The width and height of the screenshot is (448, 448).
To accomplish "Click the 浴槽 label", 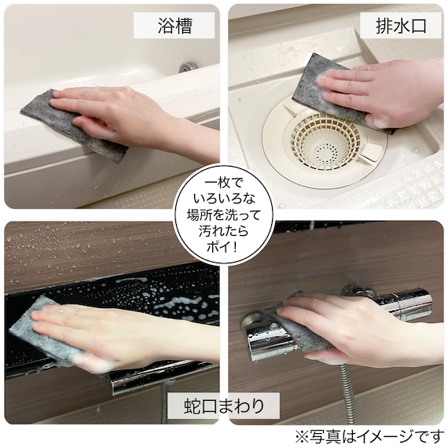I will pyautogui.click(x=174, y=25).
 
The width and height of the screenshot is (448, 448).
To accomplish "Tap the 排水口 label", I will pyautogui.click(x=400, y=25).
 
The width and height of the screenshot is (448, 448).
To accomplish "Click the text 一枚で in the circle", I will pyautogui.click(x=223, y=179).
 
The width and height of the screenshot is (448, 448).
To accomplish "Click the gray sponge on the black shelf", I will pyautogui.click(x=35, y=330).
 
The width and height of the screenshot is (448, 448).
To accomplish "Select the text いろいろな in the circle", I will pyautogui.click(x=223, y=197).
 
